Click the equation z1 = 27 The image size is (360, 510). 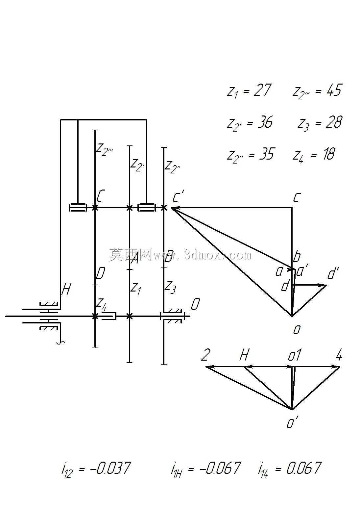pyautogui.click(x=249, y=91)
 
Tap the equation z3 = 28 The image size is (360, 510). pyautogui.click(x=320, y=123)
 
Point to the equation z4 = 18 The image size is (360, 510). pyautogui.click(x=314, y=155)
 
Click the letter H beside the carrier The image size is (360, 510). pyautogui.click(x=66, y=290)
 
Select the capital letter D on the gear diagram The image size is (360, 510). pyautogui.click(x=100, y=273)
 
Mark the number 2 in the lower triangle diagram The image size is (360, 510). pyautogui.click(x=206, y=355)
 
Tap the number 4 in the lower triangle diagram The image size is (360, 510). pyautogui.click(x=339, y=355)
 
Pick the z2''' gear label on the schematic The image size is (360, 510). pyautogui.click(x=105, y=150)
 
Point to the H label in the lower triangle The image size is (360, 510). pyautogui.click(x=244, y=355)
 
